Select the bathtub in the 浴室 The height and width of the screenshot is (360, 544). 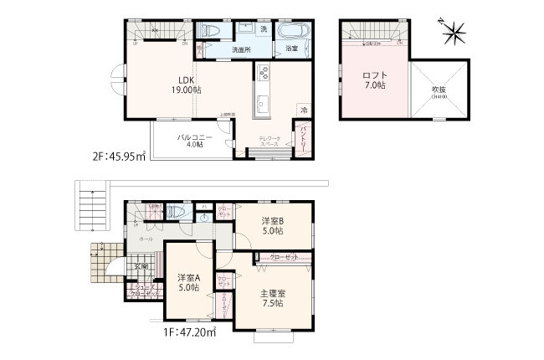pyautogui.click(x=294, y=32)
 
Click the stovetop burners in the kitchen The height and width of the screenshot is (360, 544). pyautogui.click(x=263, y=74)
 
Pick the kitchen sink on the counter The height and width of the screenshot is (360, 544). pyautogui.click(x=263, y=104)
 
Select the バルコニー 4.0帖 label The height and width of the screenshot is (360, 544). pyautogui.click(x=193, y=139)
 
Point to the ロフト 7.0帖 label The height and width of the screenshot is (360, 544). pyautogui.click(x=373, y=80)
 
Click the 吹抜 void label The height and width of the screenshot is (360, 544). pyautogui.click(x=439, y=91)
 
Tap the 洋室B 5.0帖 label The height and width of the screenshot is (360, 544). pyautogui.click(x=272, y=225)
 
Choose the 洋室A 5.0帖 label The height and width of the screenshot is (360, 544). pyautogui.click(x=188, y=282)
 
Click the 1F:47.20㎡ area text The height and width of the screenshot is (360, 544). pyautogui.click(x=188, y=332)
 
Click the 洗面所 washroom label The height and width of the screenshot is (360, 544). pyautogui.click(x=242, y=50)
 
